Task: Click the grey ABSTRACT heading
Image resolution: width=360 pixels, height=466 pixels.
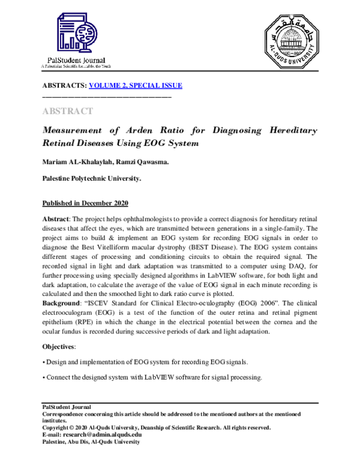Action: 67,111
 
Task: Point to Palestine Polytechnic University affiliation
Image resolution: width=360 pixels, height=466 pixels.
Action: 91,178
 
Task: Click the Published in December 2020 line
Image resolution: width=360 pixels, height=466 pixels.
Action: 85,203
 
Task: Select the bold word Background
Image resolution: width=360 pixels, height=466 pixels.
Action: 63,304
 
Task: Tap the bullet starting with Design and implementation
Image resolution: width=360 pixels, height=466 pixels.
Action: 144,362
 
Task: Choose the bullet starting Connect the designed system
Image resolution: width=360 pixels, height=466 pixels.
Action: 152,378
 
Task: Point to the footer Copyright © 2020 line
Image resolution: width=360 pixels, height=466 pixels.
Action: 156,428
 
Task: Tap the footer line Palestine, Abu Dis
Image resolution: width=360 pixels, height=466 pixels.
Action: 90,441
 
